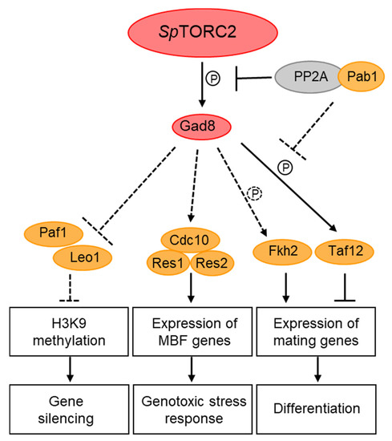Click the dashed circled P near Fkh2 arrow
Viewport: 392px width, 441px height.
pyautogui.click(x=256, y=192)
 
